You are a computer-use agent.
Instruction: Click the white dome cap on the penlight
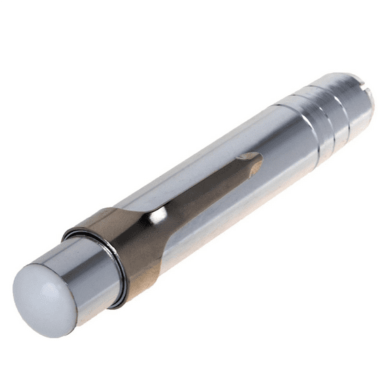coord(42,297)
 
